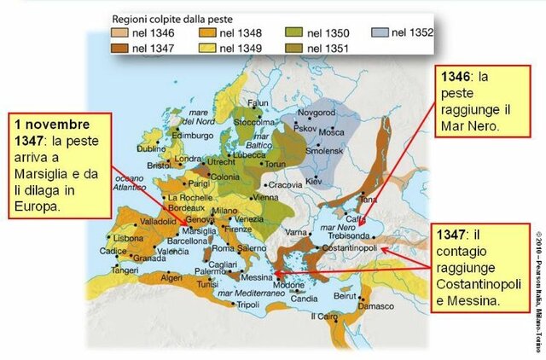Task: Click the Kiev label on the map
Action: pos(313,182)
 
